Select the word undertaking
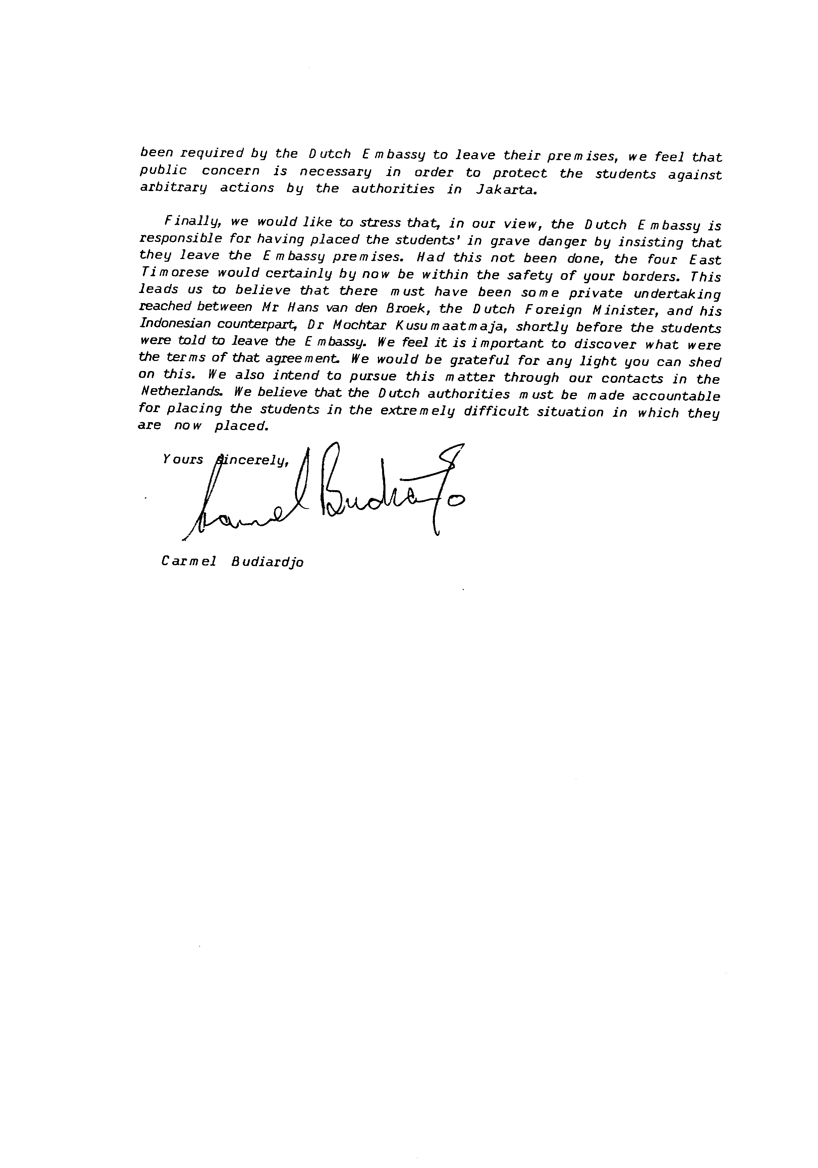tap(677, 294)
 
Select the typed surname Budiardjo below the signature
tap(267, 562)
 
